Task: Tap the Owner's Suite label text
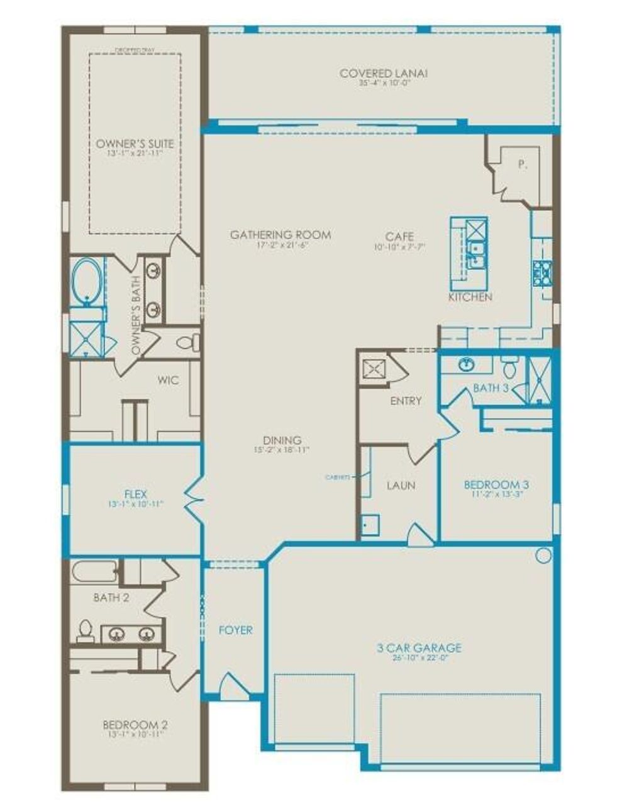pos(134,144)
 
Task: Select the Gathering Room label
pos(280,235)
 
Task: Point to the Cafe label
pos(399,237)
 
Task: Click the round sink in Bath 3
pos(465,364)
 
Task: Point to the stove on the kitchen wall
pos(541,271)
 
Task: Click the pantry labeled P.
pos(521,165)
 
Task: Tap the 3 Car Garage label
pos(419,647)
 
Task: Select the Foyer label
pos(235,630)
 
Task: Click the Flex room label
pos(135,494)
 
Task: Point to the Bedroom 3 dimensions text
pos(496,494)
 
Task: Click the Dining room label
pos(282,440)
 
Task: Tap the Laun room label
pos(401,485)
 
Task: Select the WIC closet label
pos(168,380)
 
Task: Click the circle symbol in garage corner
pos(543,555)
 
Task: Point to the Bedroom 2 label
pos(135,725)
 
